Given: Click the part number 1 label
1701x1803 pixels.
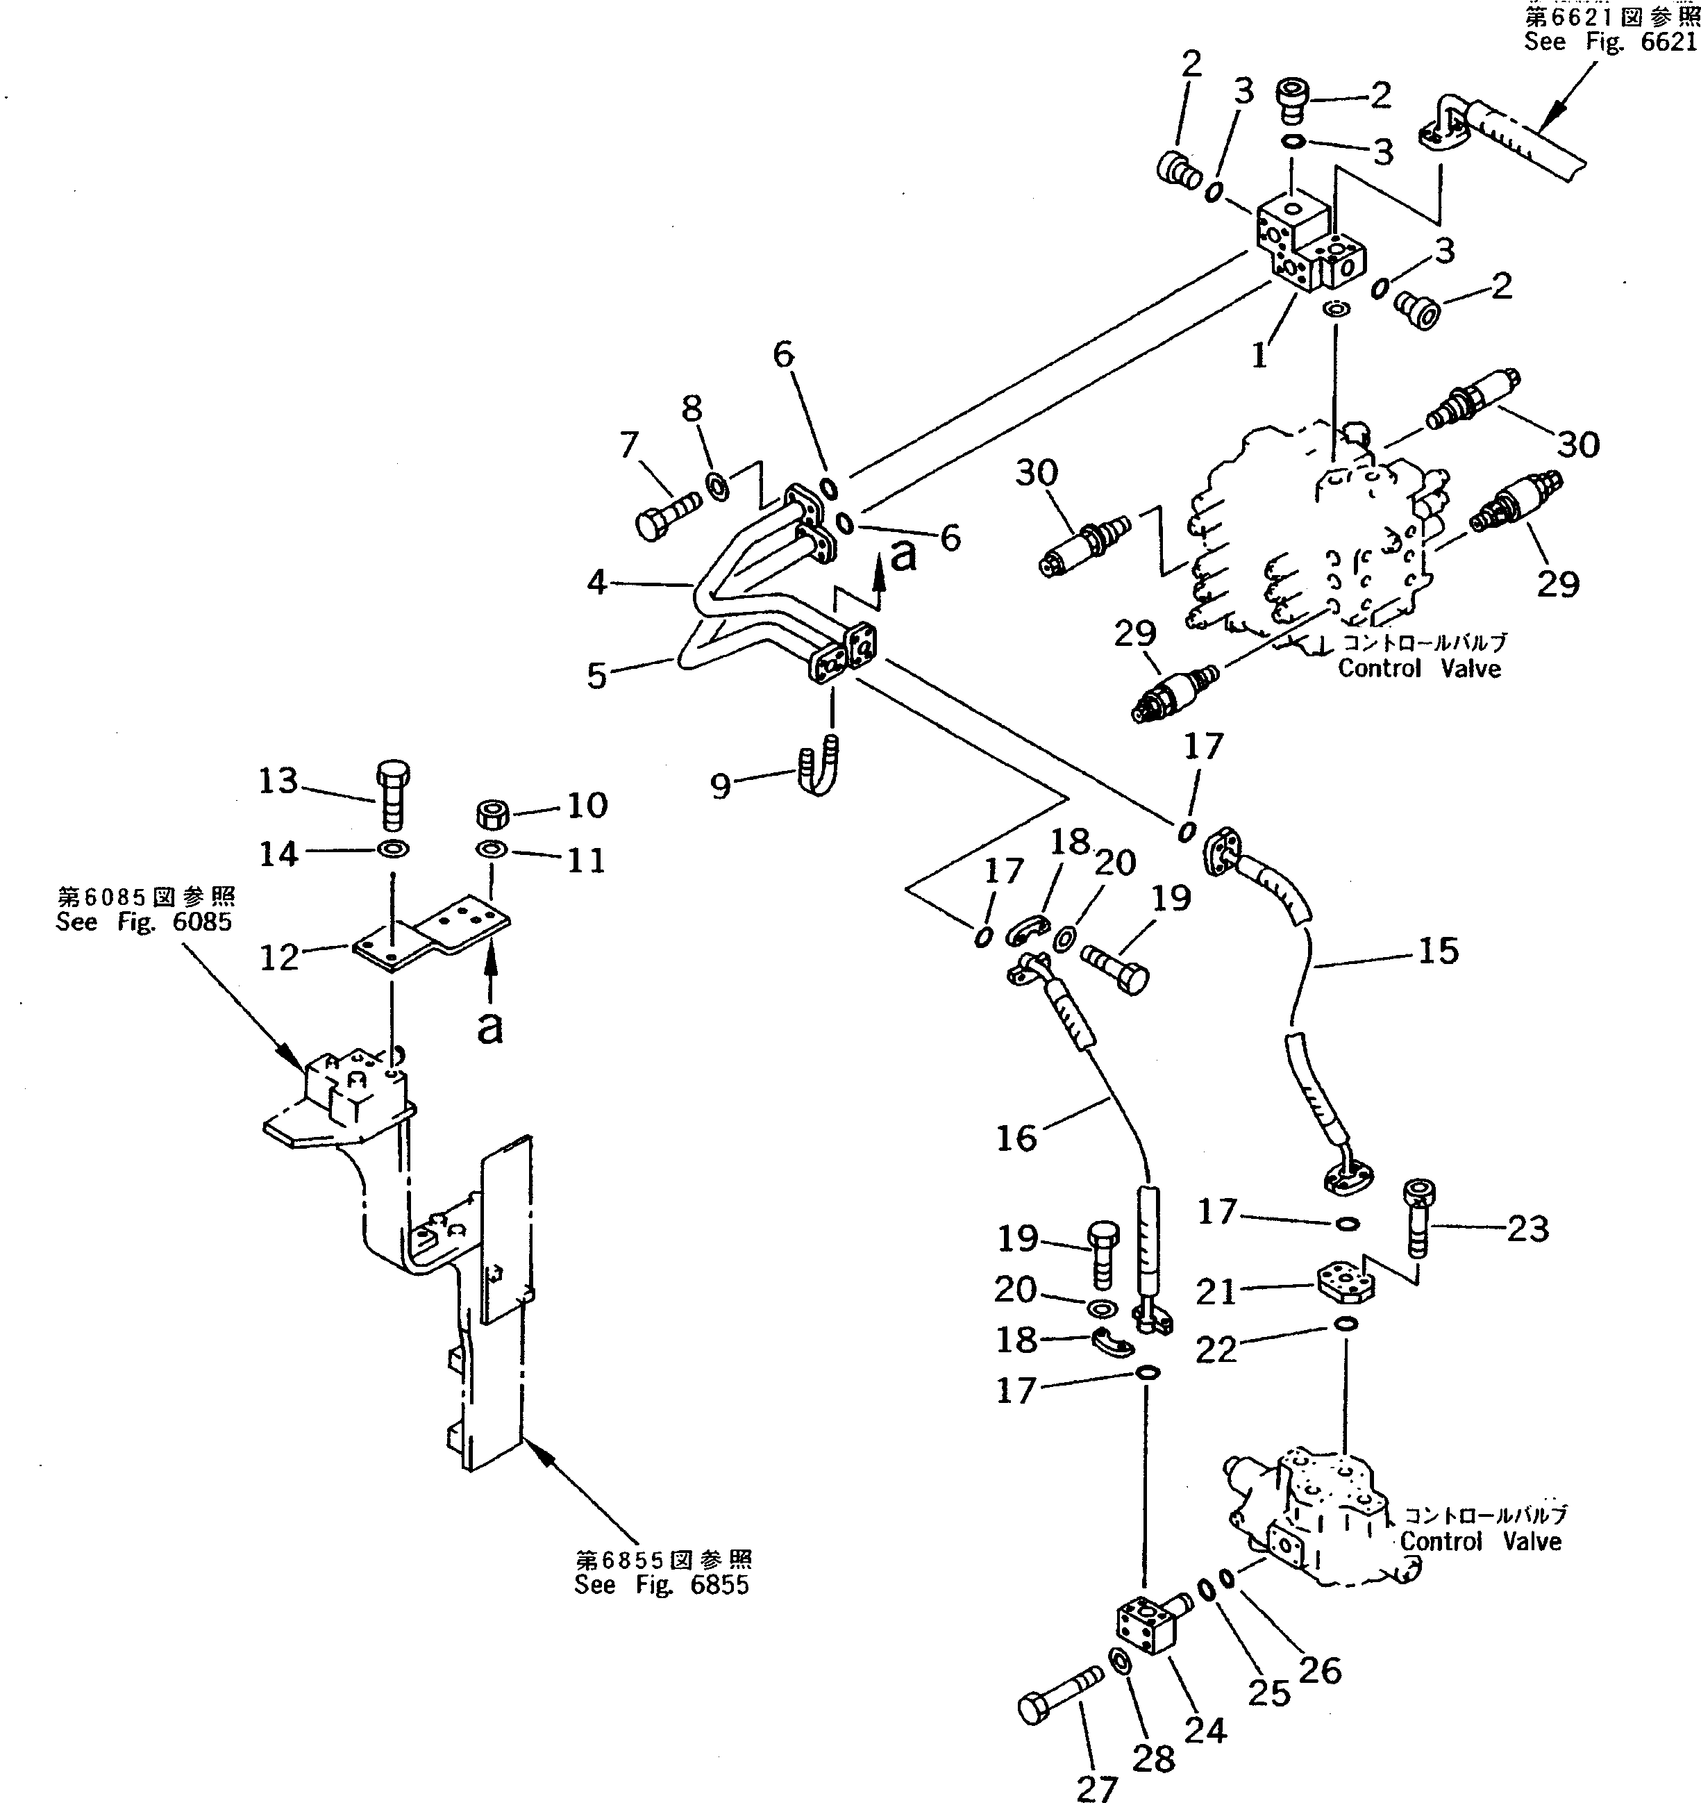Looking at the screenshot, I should (1259, 356).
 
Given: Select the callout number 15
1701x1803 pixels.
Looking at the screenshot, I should (1437, 952).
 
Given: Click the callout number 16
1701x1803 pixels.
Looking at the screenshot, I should (1016, 1138).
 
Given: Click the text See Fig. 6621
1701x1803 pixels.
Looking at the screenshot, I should (1609, 42).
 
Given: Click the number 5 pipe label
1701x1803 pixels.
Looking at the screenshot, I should (596, 676).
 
